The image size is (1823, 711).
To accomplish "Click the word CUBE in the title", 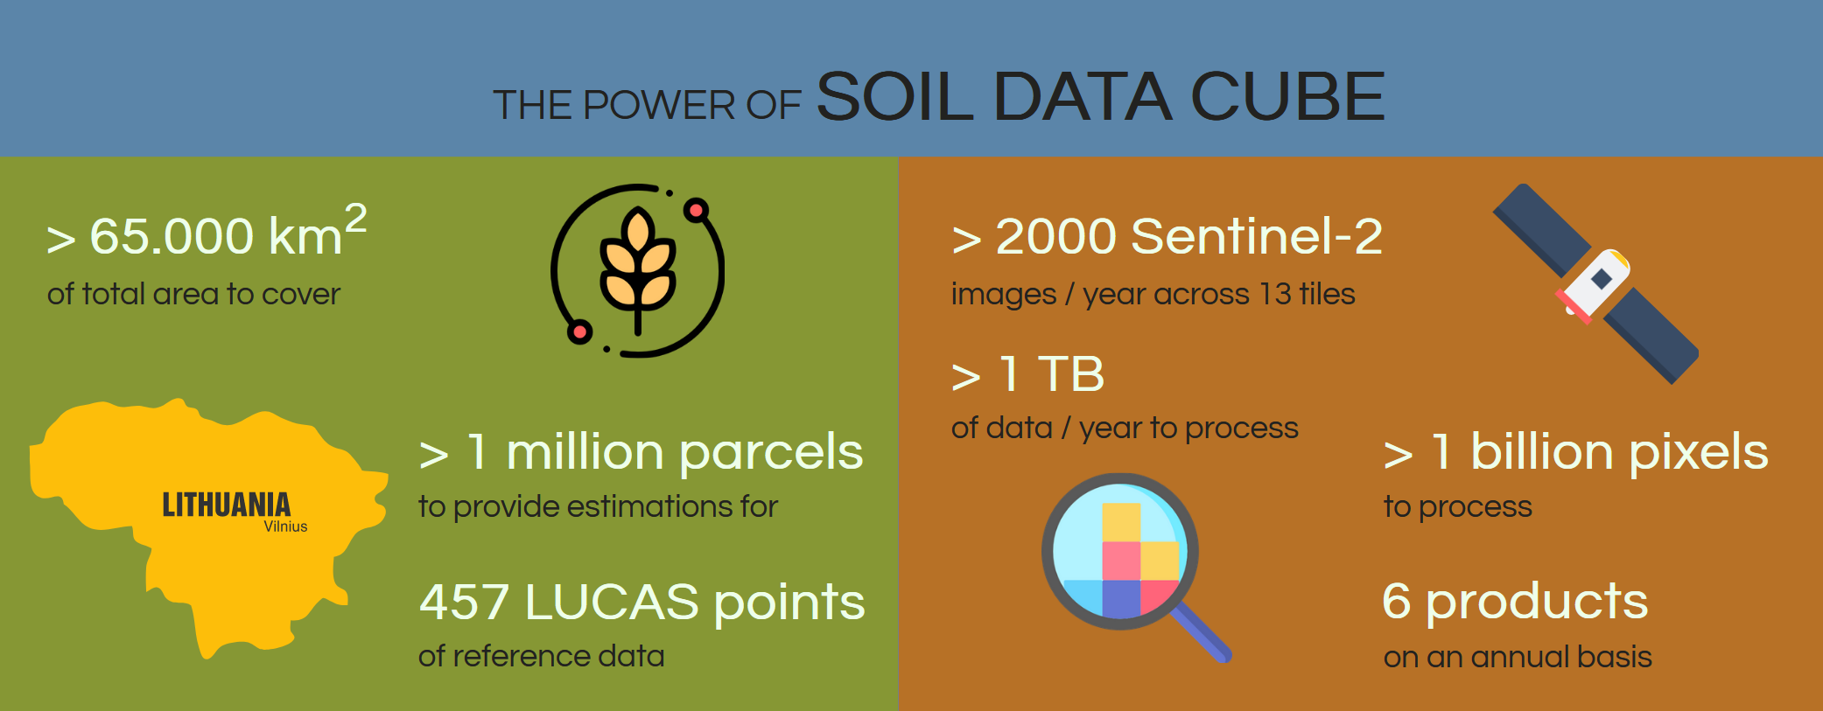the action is (1288, 96).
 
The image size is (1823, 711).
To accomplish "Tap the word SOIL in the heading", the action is (895, 96).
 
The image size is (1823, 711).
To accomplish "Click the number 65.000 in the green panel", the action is (172, 236).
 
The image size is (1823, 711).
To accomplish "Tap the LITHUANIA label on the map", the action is (227, 505).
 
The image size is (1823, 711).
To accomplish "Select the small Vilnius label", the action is (285, 526).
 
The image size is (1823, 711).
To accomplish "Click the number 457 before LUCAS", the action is (464, 603).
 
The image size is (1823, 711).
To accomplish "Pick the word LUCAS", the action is (612, 603).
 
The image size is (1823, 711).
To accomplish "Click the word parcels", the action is (771, 453).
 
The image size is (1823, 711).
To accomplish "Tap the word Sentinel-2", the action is (1257, 236).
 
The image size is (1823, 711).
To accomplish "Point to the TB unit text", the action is (1071, 374).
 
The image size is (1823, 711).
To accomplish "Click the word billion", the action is (1542, 452).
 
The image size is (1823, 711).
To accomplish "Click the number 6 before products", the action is (1397, 602).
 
